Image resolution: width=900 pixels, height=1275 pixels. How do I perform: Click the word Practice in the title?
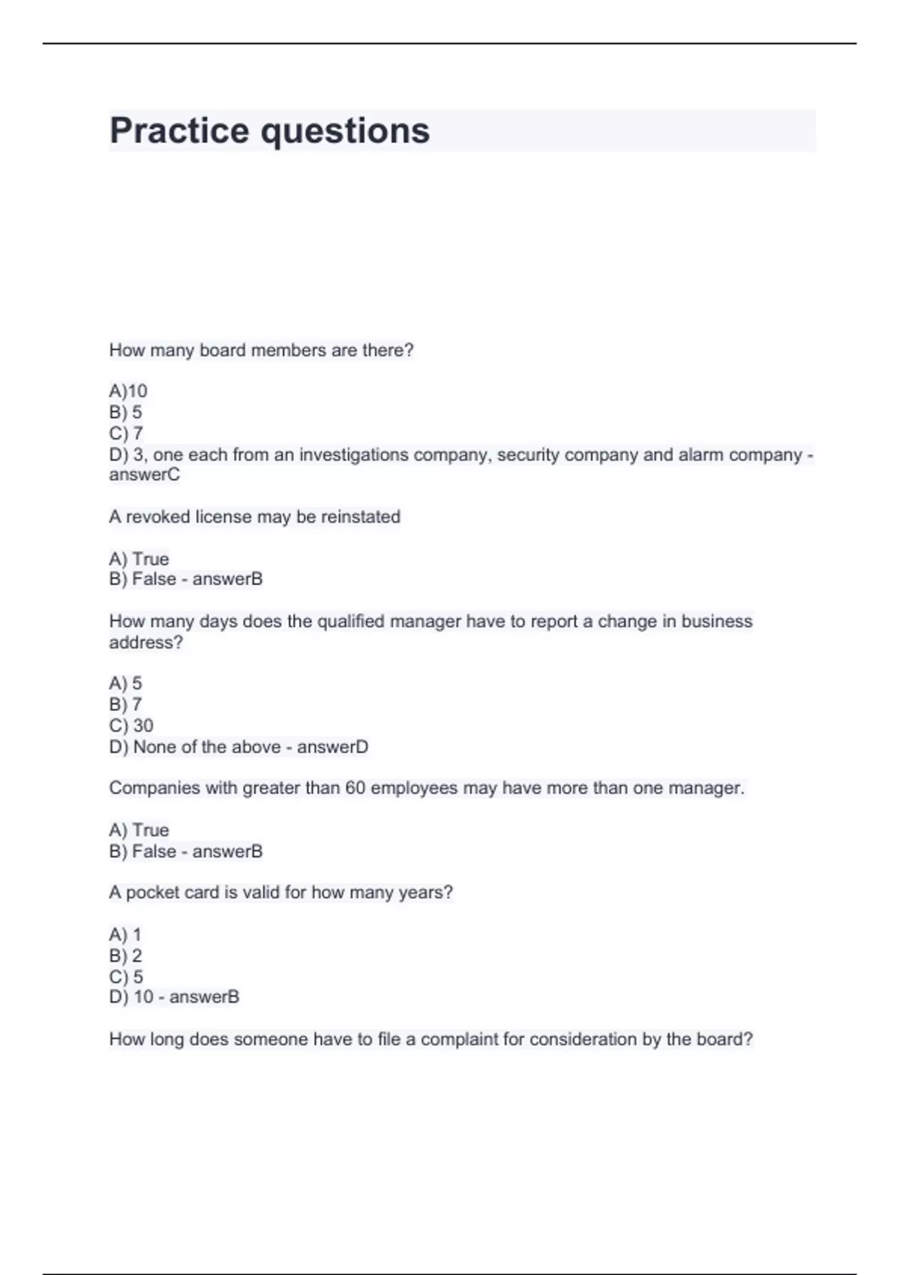pos(179,130)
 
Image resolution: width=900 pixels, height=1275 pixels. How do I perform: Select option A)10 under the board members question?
pos(128,391)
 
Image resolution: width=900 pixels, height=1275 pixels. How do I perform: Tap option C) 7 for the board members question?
pos(126,433)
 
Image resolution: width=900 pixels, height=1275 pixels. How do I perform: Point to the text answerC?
pos(145,475)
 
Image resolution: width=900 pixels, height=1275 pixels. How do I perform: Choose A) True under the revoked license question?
pos(139,559)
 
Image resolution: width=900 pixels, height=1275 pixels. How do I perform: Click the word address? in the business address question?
pos(145,642)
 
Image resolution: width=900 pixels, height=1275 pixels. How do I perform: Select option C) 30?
pos(131,725)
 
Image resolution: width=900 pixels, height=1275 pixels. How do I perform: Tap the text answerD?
pos(332,747)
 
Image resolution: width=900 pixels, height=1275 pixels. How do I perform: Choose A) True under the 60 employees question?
pos(139,830)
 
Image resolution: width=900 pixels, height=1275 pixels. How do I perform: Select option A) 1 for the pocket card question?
pos(125,934)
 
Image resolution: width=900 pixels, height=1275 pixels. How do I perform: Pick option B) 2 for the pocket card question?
pos(125,955)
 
